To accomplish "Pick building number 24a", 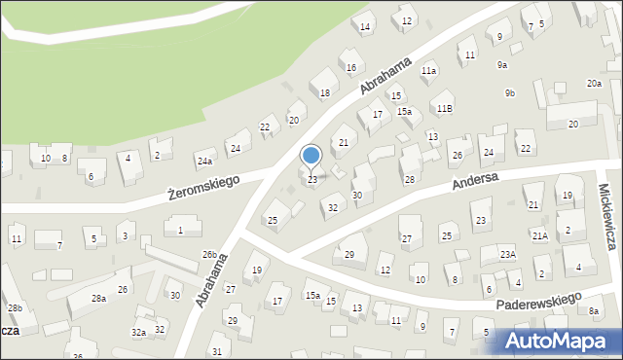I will click(204, 162).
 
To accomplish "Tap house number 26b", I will click(209, 255).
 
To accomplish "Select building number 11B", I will click(444, 108).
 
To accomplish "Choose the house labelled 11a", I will click(428, 71).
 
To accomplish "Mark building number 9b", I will click(509, 92).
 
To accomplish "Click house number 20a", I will click(594, 85).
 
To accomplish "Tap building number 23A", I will click(507, 254).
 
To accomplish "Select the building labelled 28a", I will click(98, 299).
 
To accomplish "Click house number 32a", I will click(139, 333).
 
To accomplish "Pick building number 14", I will click(365, 27).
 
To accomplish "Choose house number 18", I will click(325, 92).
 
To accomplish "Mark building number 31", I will click(217, 351).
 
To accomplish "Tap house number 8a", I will click(594, 311).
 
